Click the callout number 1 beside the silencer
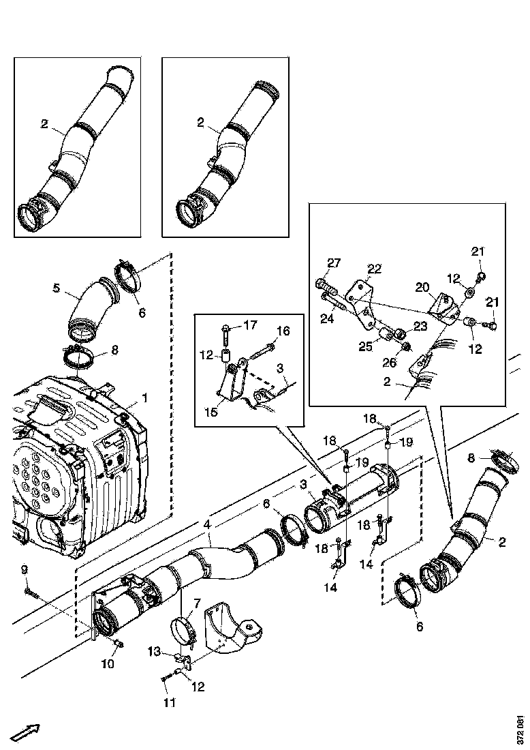tap(144, 397)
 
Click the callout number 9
tap(24, 569)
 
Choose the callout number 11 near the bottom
tap(167, 702)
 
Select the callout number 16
tap(283, 331)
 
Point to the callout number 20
tap(422, 286)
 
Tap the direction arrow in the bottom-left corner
tap(26, 733)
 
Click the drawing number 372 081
tap(520, 730)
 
